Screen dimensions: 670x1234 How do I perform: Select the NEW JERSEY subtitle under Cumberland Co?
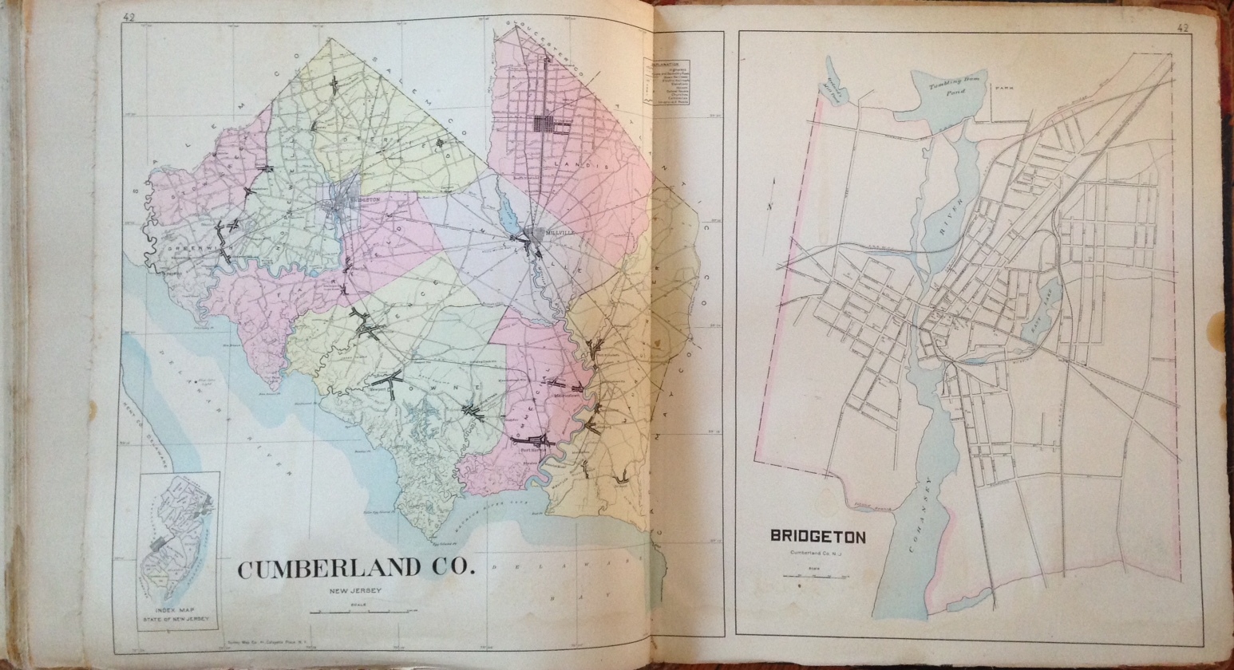point(355,591)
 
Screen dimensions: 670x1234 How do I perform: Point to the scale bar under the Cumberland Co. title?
point(354,612)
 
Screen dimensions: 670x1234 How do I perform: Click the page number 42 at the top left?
point(129,17)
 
